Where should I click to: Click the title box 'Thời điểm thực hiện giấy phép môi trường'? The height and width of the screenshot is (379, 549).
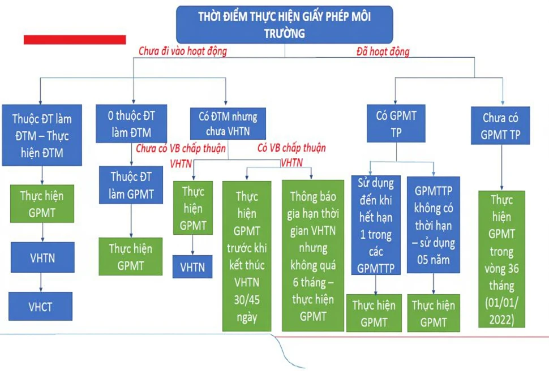[x=284, y=24]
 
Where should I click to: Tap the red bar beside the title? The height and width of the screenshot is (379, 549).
[x=75, y=40]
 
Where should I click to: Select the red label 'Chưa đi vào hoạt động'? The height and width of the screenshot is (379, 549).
[x=183, y=51]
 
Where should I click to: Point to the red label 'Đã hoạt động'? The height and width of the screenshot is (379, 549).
[x=383, y=52]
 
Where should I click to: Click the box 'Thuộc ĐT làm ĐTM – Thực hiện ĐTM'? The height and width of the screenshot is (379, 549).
[x=42, y=135]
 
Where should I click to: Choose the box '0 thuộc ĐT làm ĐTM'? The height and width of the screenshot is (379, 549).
[x=131, y=123]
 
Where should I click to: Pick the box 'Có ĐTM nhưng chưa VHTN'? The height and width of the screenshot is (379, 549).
[x=228, y=123]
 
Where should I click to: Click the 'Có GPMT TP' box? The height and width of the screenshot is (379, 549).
[x=396, y=123]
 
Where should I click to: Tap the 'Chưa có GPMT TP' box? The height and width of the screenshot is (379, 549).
[x=500, y=126]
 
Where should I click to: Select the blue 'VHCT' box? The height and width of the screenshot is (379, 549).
[x=41, y=306]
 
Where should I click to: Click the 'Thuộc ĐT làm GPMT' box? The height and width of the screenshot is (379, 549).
[x=131, y=185]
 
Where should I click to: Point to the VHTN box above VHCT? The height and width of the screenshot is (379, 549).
[x=42, y=257]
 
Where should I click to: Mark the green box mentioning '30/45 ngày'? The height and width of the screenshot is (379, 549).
[x=247, y=256]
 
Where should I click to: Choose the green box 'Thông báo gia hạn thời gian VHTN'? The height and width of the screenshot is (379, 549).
[x=312, y=256]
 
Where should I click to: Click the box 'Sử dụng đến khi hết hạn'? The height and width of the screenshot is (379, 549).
[x=376, y=225]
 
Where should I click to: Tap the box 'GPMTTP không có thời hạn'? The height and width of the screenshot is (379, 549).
[x=434, y=225]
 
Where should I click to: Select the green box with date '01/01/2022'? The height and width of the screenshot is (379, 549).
[x=501, y=259]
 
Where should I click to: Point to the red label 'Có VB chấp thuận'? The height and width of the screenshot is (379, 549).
[x=291, y=148]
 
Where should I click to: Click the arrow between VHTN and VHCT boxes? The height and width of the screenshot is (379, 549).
[x=41, y=282]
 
